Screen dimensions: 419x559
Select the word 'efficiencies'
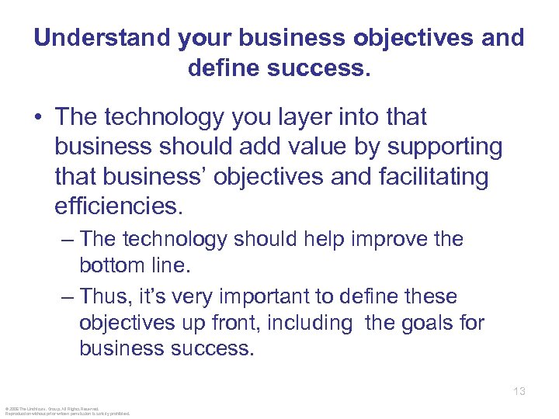(x=116, y=206)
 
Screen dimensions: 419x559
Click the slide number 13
(x=519, y=391)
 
